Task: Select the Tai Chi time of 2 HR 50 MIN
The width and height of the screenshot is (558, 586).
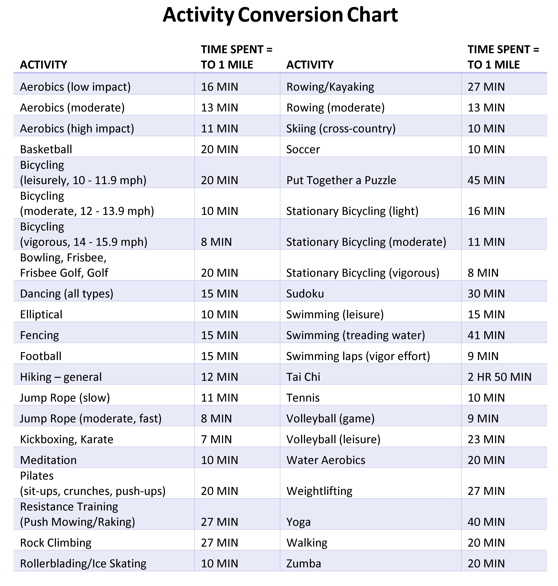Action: pos(499,377)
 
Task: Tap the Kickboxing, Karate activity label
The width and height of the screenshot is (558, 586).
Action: pos(67,439)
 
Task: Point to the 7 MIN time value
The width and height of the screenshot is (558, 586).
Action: pos(216,439)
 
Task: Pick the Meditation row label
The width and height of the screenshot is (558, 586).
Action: pos(48,460)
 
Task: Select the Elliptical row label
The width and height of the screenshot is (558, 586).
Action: pos(41,314)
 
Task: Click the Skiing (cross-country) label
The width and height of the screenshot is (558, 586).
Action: pos(341,128)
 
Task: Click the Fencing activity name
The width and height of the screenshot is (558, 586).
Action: pos(39,335)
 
